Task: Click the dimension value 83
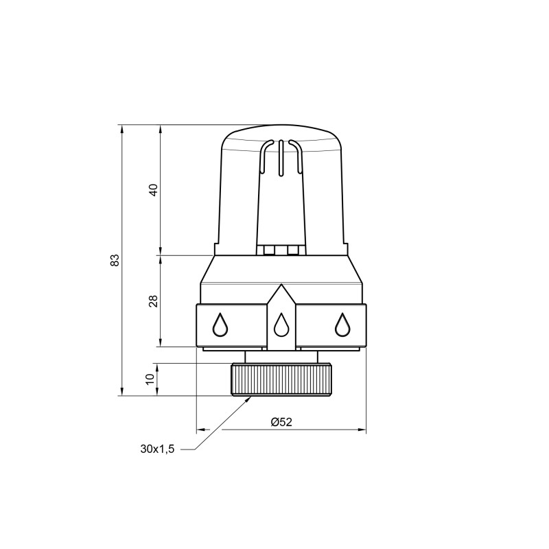pyautogui.click(x=115, y=260)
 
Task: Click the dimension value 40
pyautogui.click(x=154, y=190)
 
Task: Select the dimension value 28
pyautogui.click(x=154, y=301)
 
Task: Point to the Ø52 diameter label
pyautogui.click(x=281, y=422)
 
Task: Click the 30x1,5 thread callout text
pyautogui.click(x=158, y=449)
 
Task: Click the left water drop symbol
pyautogui.click(x=220, y=325)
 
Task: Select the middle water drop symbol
pyautogui.click(x=280, y=325)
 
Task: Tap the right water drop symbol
pyautogui.click(x=341, y=325)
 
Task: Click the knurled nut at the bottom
pyautogui.click(x=281, y=379)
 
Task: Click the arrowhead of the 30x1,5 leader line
pyautogui.click(x=249, y=399)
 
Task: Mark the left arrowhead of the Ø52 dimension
pyautogui.click(x=201, y=431)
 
